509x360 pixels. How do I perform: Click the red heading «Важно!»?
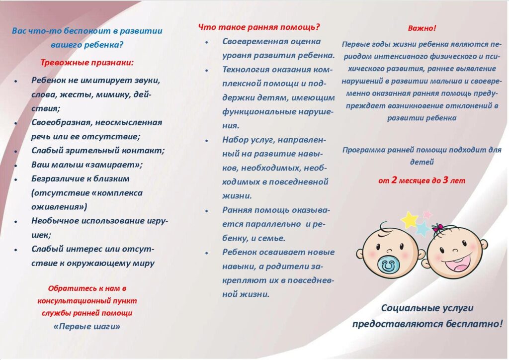(422, 28)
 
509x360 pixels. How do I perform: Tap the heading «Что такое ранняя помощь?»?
(258, 27)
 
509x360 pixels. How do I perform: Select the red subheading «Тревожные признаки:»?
(86, 63)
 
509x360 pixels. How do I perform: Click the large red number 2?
(394, 180)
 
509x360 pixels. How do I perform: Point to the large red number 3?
(445, 180)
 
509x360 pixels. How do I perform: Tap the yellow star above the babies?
(410, 220)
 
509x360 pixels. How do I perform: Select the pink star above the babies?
(427, 215)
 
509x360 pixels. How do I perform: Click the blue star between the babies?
(423, 229)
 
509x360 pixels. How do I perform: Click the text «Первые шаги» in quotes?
(87, 327)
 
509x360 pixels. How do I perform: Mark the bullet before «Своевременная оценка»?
(206, 43)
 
